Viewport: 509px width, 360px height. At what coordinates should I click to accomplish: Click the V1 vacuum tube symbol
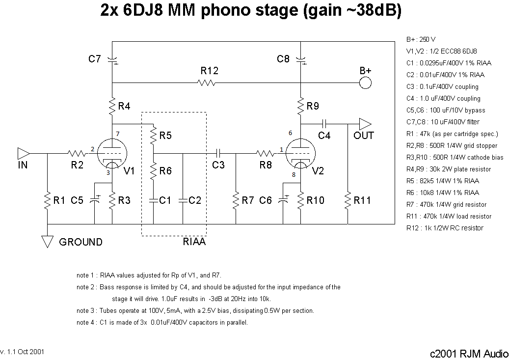[112, 154]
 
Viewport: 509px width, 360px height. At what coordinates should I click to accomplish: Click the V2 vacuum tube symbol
[300, 154]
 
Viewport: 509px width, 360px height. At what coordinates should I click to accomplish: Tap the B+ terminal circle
[365, 83]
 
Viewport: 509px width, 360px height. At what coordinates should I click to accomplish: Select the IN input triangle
[24, 153]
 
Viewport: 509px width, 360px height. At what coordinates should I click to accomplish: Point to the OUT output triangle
[365, 124]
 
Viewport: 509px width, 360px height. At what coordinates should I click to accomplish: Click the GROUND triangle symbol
[48, 242]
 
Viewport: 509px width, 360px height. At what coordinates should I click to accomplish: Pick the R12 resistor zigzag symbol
[206, 83]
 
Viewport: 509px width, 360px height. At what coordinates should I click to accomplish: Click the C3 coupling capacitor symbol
[218, 153]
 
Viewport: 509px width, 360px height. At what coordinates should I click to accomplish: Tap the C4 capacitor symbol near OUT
[324, 124]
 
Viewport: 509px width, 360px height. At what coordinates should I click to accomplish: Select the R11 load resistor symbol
[348, 200]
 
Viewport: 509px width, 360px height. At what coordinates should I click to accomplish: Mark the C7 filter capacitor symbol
[112, 60]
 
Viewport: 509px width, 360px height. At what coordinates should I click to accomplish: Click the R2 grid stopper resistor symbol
[77, 153]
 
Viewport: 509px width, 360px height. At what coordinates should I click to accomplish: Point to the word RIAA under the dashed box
[194, 242]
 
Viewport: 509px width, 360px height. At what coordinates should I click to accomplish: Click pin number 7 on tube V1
[117, 134]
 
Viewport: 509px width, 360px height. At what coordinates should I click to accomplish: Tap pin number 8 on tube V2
[294, 174]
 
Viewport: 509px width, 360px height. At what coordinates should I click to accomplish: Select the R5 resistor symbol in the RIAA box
[153, 136]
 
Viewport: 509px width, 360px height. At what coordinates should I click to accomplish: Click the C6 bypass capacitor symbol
[283, 200]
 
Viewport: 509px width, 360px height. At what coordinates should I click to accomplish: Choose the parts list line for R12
[445, 228]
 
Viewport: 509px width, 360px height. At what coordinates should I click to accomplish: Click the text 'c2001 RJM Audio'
[469, 354]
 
